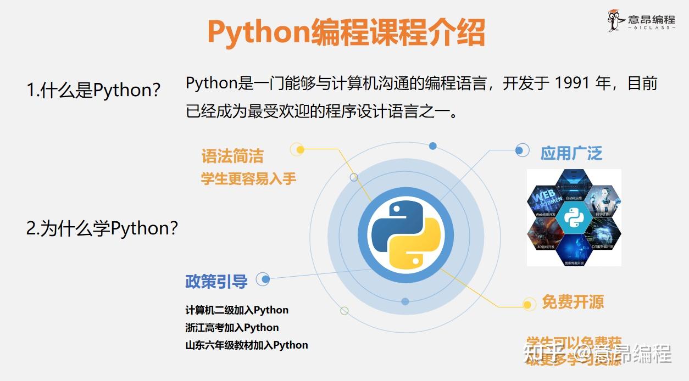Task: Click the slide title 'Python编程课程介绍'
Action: [346, 32]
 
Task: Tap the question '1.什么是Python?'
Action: [93, 90]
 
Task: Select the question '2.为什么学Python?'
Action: [102, 228]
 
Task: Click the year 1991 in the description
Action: [574, 83]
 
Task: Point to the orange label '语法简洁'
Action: [232, 156]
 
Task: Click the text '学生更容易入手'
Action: [248, 179]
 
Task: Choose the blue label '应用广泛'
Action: [571, 153]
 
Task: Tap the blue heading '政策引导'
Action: [216, 282]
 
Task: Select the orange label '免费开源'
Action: [573, 301]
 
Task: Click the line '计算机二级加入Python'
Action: [237, 310]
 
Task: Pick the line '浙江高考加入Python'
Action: [232, 328]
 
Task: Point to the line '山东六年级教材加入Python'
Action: [247, 345]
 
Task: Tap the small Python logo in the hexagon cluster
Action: [574, 218]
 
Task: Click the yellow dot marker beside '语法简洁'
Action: [297, 149]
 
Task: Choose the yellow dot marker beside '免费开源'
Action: [528, 304]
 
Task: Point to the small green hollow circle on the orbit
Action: [344, 311]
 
